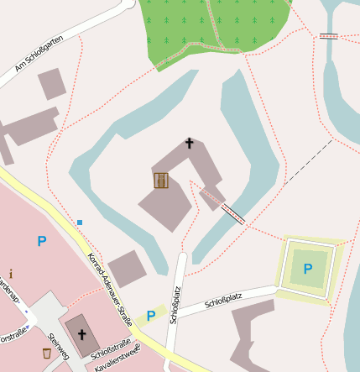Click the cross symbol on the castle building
tap(189, 144)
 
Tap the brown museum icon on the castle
tap(161, 180)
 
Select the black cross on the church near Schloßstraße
tap(82, 335)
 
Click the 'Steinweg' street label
tap(58, 344)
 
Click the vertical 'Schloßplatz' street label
tap(175, 305)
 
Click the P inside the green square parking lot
tap(308, 269)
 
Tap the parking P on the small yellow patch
tap(151, 316)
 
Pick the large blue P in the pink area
tap(41, 242)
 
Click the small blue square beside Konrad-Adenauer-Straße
tap(80, 222)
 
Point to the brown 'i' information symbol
tap(11, 274)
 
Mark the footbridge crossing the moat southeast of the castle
tap(232, 214)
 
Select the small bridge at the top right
tap(328, 36)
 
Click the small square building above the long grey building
tap(51, 84)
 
